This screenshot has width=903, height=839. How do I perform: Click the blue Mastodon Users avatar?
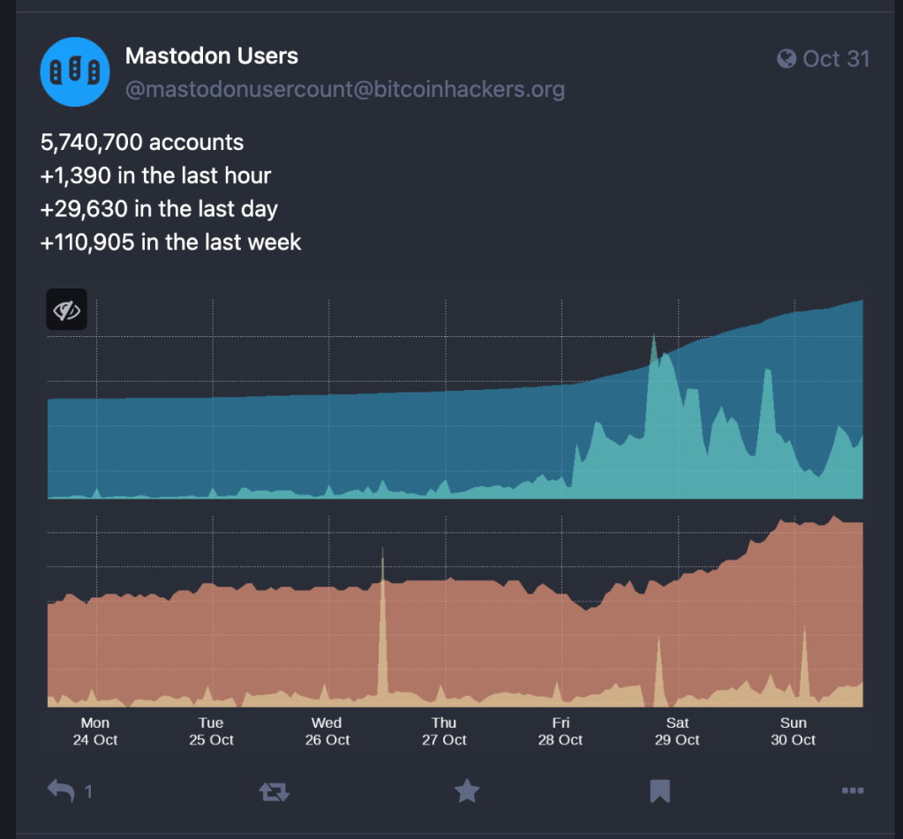(75, 71)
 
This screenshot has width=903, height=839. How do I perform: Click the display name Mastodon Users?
(212, 56)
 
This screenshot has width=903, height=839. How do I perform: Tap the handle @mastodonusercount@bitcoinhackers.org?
(345, 89)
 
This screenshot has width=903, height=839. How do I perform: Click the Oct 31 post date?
(836, 59)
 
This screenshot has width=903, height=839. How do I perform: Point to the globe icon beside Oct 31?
(786, 59)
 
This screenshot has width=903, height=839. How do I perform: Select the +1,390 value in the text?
(76, 176)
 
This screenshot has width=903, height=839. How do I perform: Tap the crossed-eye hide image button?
(67, 310)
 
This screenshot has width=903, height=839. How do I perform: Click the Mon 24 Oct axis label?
(95, 731)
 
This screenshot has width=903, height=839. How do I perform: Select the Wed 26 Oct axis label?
(327, 731)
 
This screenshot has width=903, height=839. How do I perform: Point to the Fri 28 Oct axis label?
(561, 731)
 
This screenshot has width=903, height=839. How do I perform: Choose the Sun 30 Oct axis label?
(794, 731)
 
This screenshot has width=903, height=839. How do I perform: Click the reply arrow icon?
(62, 790)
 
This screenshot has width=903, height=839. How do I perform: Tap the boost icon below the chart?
(274, 791)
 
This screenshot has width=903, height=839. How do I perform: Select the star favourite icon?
(467, 790)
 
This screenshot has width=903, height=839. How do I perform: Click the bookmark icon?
(659, 790)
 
